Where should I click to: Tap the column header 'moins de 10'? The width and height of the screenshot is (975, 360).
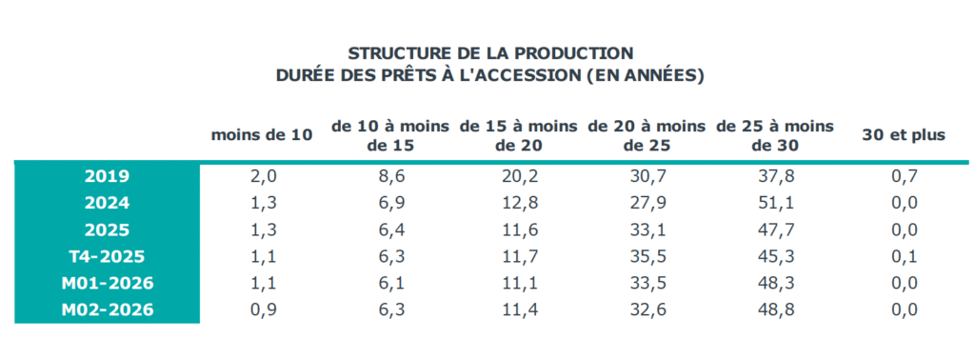click(x=262, y=135)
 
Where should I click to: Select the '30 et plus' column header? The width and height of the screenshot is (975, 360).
click(x=904, y=135)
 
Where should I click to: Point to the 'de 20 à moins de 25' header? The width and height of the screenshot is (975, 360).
click(x=647, y=135)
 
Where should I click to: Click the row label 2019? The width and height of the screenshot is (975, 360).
click(x=107, y=176)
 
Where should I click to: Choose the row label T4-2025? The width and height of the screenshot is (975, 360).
click(x=107, y=256)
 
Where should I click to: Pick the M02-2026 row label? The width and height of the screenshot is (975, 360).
click(x=107, y=310)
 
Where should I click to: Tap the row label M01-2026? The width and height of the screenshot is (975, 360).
click(x=107, y=283)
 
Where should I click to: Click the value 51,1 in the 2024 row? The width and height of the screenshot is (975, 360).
click(x=775, y=203)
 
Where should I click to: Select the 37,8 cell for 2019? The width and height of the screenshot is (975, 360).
click(x=775, y=176)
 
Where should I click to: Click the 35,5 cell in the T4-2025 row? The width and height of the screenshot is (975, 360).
click(x=647, y=256)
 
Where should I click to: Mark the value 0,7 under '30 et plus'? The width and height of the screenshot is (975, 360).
click(x=904, y=176)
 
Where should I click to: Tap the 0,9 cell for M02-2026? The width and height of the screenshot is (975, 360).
click(x=262, y=310)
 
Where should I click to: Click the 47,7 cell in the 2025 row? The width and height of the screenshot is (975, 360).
click(x=775, y=230)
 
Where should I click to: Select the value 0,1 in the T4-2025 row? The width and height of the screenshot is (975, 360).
click(x=904, y=256)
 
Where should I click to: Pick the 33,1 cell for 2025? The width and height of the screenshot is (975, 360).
click(x=647, y=230)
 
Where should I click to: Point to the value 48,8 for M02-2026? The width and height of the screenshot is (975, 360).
click(x=775, y=310)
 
